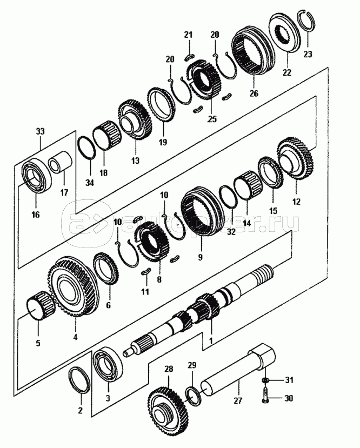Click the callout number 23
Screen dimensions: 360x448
pyautogui.click(x=308, y=54)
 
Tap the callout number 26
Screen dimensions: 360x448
pyautogui.click(x=254, y=93)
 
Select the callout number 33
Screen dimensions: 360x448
pyautogui.click(x=41, y=131)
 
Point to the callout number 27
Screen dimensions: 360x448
pyautogui.click(x=238, y=400)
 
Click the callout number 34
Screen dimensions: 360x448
pyautogui.click(x=90, y=182)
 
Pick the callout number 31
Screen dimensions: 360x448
pyautogui.click(x=289, y=380)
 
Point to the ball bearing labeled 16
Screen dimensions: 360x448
pyautogui.click(x=37, y=175)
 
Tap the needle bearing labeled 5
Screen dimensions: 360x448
pyautogui.click(x=41, y=306)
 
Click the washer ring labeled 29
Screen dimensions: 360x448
pyautogui.click(x=194, y=396)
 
